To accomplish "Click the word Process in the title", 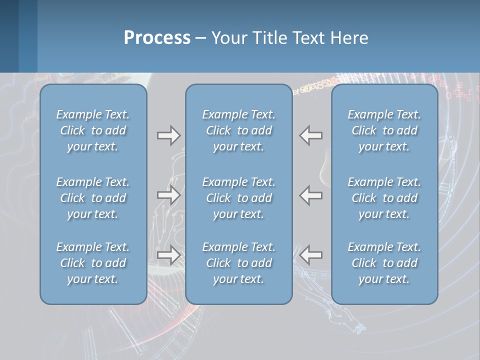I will tap(157, 38).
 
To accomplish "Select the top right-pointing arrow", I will tap(168, 135).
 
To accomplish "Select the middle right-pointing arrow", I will tap(168, 195).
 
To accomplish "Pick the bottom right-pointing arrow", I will tap(168, 255).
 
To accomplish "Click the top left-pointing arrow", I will tap(311, 135).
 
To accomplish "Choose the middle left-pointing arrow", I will tap(311, 195).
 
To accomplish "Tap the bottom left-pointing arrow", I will tap(311, 255).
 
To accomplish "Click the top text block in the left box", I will tap(93, 130).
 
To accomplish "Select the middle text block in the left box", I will tap(93, 198).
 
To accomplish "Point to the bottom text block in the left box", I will tap(93, 263).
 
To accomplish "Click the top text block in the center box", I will tap(238, 130).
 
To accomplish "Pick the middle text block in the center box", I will tap(238, 198).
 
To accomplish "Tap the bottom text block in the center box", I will tap(238, 263).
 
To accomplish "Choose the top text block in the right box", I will tap(384, 130).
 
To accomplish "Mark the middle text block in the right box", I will tap(384, 198).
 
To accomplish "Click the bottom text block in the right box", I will tap(384, 263).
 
